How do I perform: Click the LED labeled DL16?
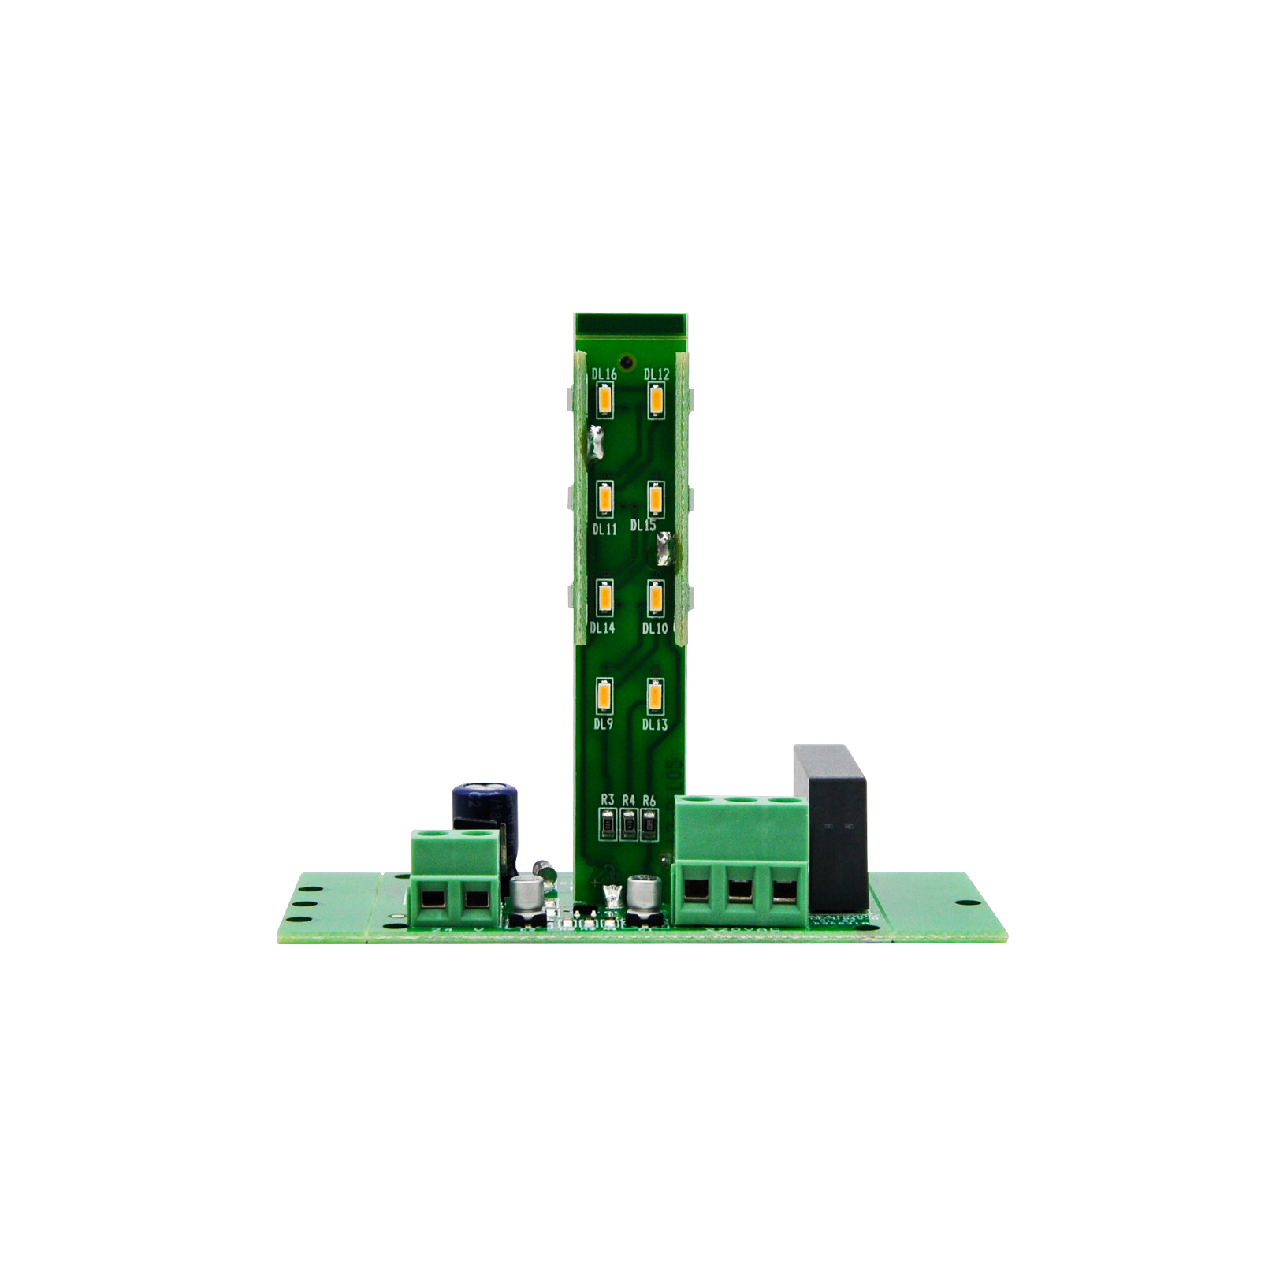[x=604, y=401]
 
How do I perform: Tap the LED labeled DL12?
[x=656, y=401]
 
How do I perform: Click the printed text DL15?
[x=642, y=526]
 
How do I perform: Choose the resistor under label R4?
[x=628, y=825]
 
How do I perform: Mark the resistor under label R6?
[x=649, y=825]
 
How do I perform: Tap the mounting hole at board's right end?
[x=961, y=904]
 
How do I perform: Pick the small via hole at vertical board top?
[x=627, y=363]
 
